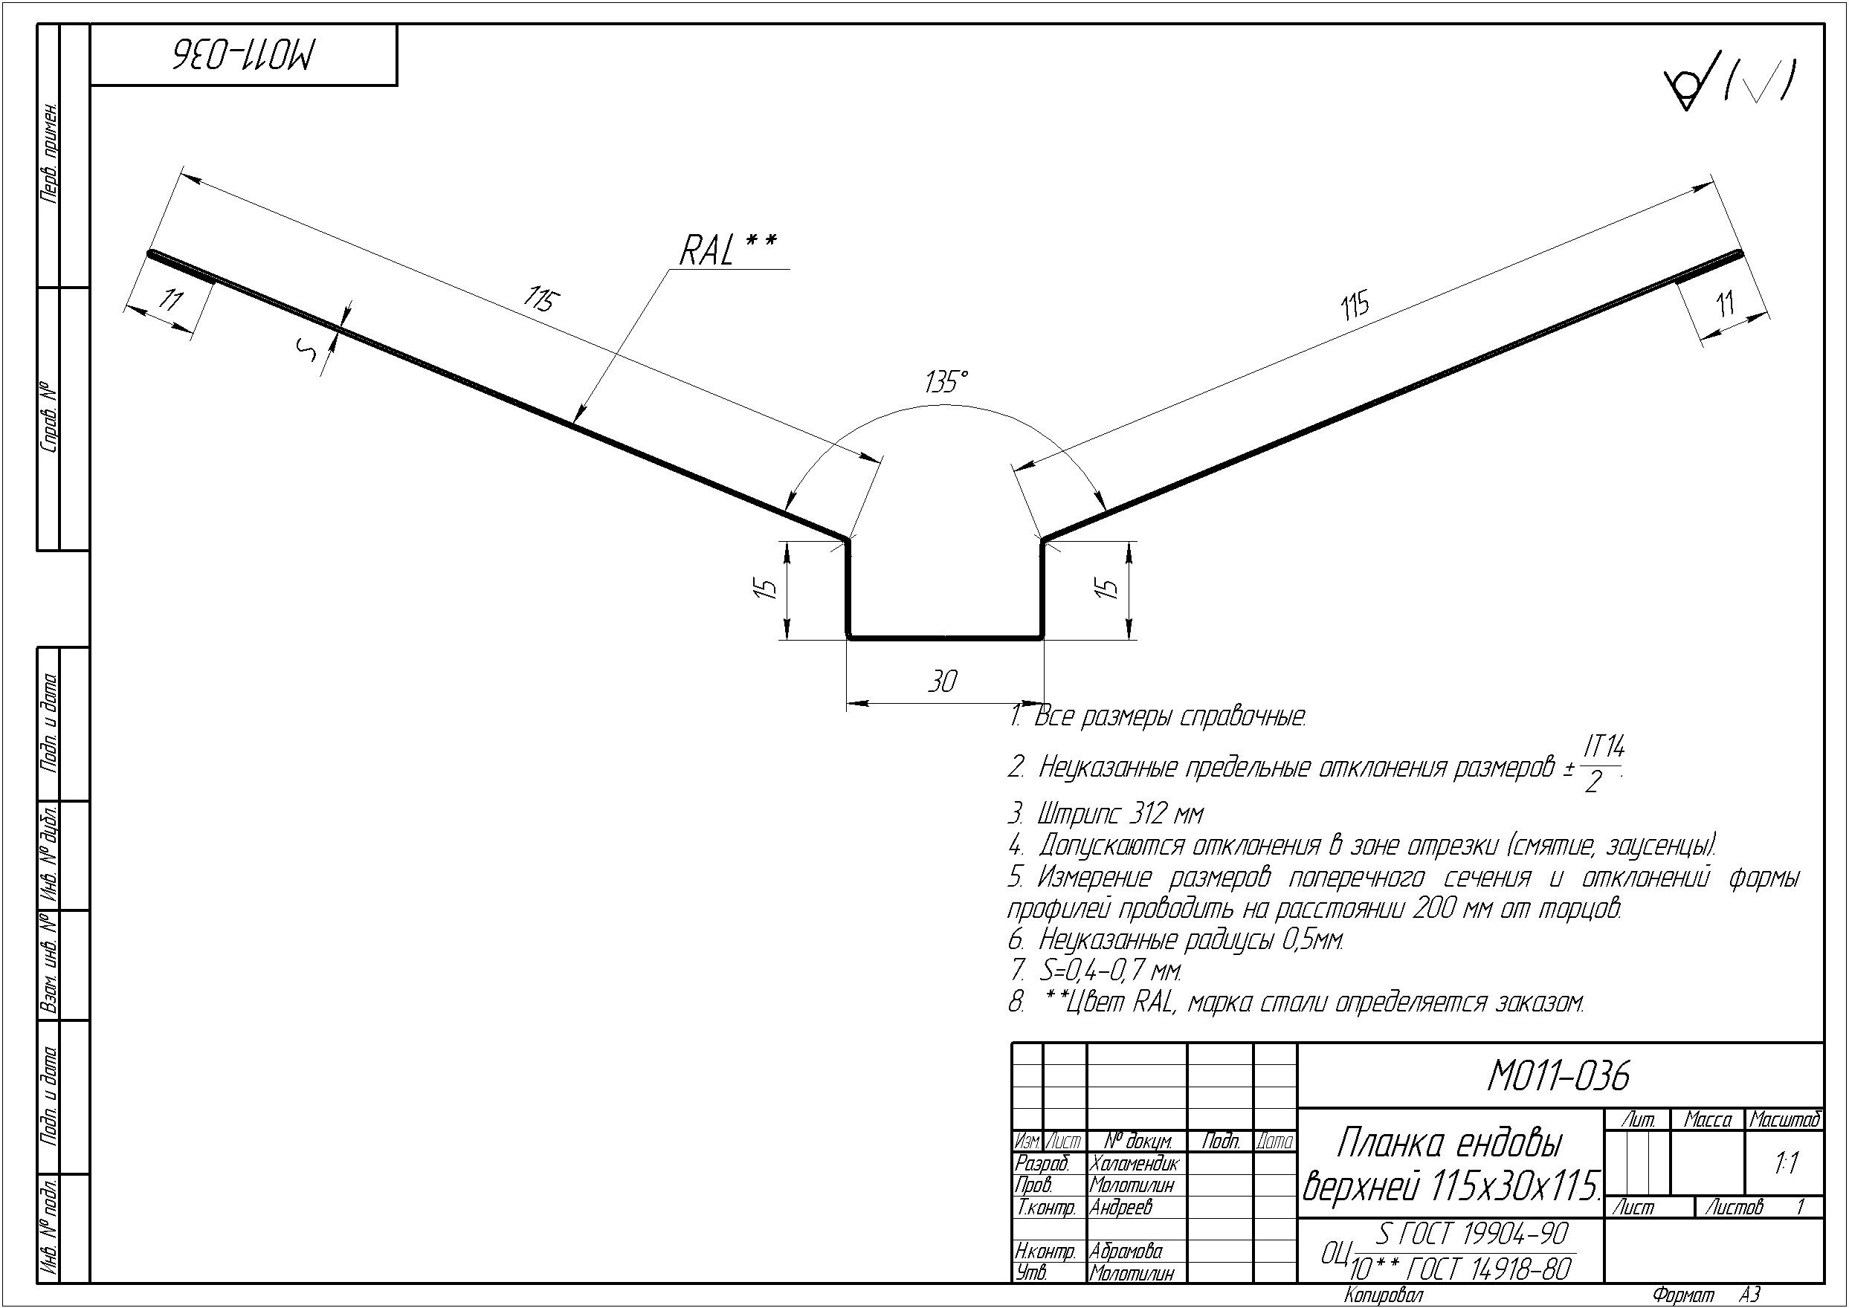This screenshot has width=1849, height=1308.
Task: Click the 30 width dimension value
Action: pyautogui.click(x=942, y=682)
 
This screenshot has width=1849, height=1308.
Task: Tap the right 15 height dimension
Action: pyautogui.click(x=1109, y=588)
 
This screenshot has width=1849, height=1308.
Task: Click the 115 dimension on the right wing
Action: pyautogui.click(x=1355, y=307)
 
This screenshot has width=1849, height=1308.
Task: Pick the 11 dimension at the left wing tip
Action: pyautogui.click(x=170, y=301)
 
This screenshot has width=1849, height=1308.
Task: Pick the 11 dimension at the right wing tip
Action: pyautogui.click(x=1725, y=305)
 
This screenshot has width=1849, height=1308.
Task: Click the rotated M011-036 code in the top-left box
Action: pyautogui.click(x=245, y=54)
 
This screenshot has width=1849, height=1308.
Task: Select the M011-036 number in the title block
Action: pyautogui.click(x=1559, y=1075)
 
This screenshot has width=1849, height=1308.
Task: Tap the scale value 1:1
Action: pyautogui.click(x=1786, y=1163)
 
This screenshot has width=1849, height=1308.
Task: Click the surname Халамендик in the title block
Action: pyautogui.click(x=1134, y=1164)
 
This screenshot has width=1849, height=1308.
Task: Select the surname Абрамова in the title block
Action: pyautogui.click(x=1126, y=1252)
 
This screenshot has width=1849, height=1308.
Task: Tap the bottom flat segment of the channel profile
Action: pyautogui.click(x=945, y=637)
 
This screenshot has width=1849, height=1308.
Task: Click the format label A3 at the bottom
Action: pyautogui.click(x=1750, y=1295)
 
